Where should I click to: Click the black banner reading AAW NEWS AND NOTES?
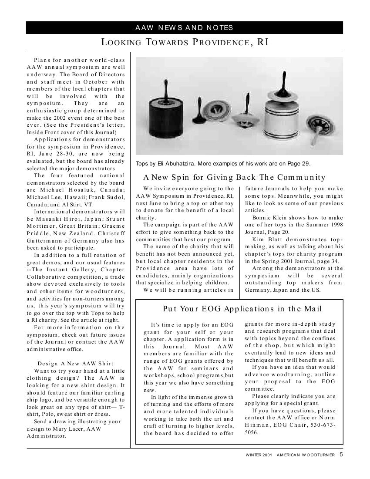(x=184, y=28)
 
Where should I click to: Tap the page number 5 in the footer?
(x=341, y=455)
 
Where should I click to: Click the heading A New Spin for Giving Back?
(x=234, y=177)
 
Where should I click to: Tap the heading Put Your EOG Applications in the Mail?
(x=242, y=309)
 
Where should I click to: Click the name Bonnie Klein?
(x=269, y=218)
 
